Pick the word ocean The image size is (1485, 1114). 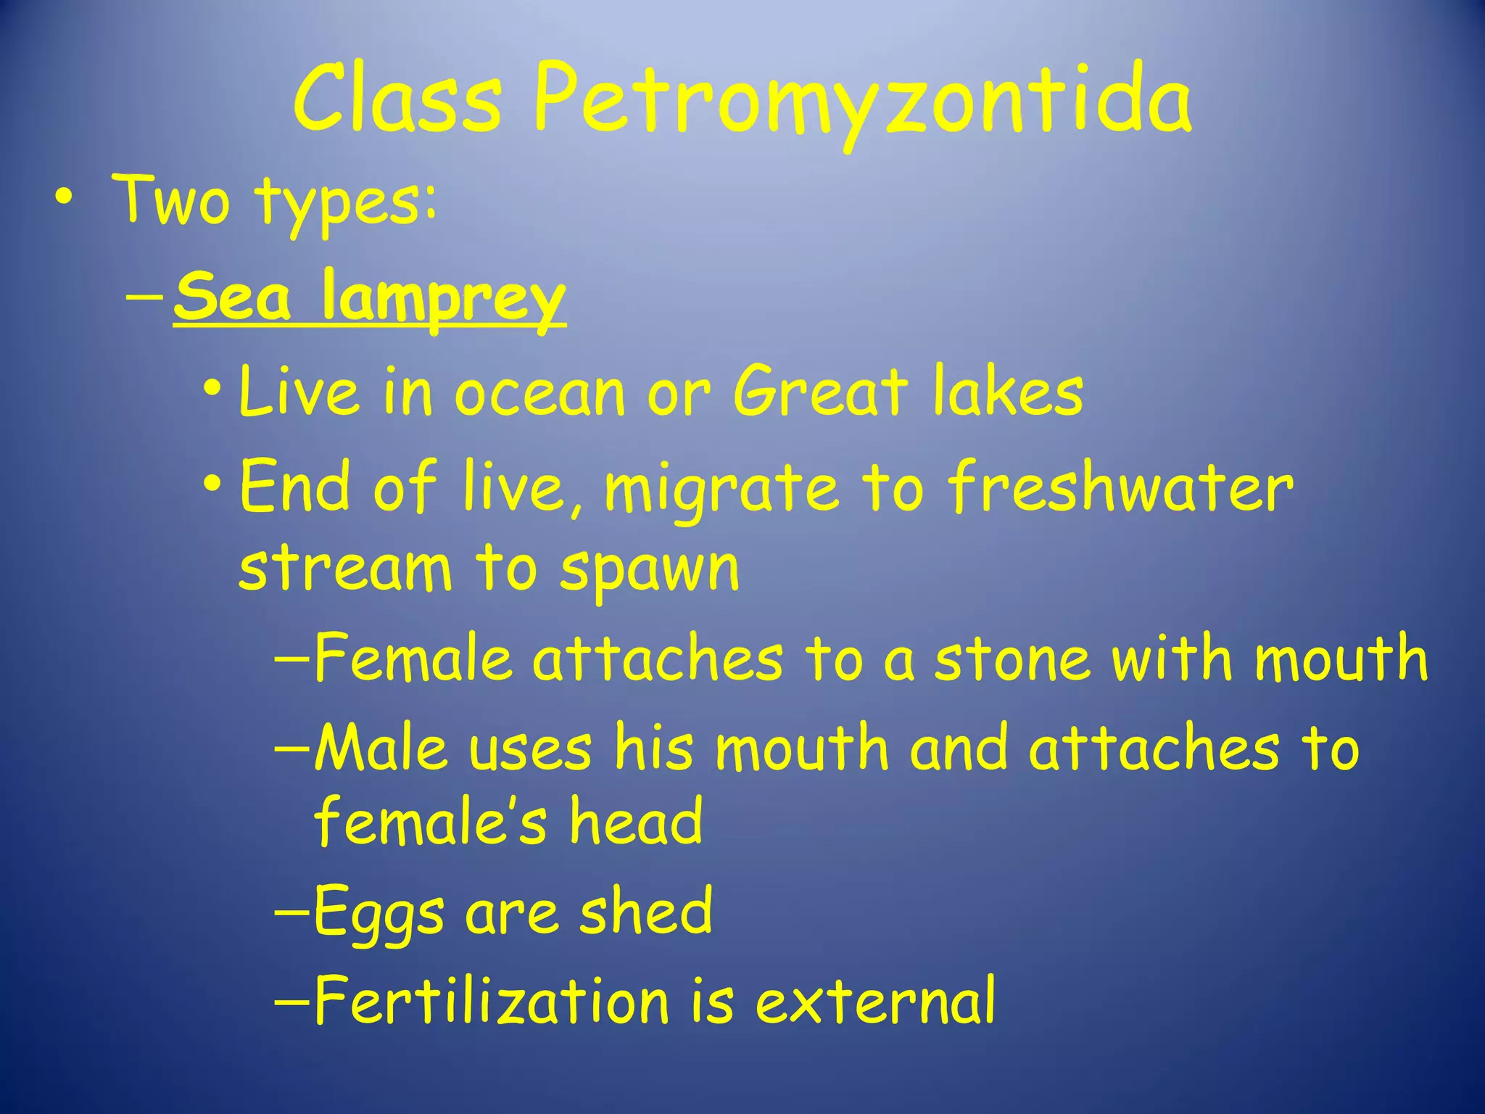(540, 394)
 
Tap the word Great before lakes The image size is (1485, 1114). (820, 392)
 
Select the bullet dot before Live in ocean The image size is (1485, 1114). (212, 386)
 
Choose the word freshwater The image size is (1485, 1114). (1120, 487)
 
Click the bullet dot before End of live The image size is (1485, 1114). (212, 482)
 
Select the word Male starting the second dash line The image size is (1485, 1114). (381, 747)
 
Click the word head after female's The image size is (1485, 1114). (636, 822)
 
